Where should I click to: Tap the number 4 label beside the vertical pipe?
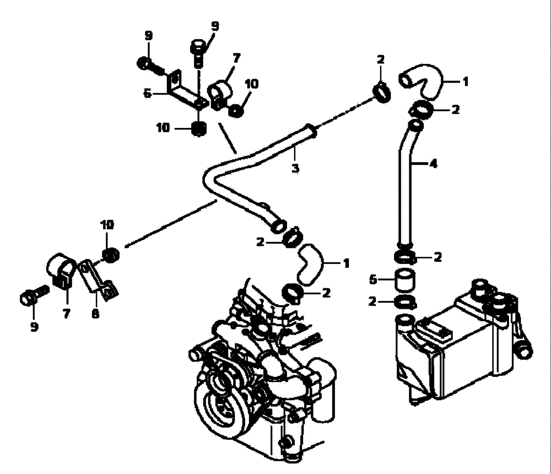click(x=434, y=163)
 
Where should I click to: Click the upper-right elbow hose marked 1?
click(x=423, y=80)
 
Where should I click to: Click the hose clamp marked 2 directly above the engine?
click(x=292, y=292)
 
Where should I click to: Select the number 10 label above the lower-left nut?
click(x=107, y=225)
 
